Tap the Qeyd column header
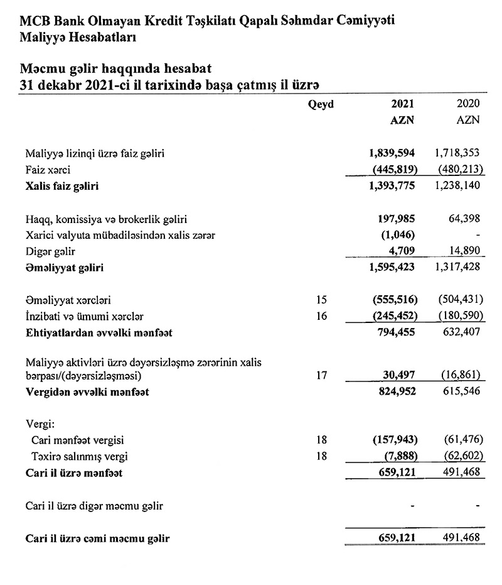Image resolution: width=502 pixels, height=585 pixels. (321, 104)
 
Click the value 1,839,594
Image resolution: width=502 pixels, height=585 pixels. (392, 153)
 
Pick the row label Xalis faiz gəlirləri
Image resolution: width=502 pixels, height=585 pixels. (62, 186)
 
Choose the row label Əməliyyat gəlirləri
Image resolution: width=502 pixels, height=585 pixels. (65, 268)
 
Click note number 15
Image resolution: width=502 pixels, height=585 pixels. (321, 301)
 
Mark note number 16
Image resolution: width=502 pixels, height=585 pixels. (321, 317)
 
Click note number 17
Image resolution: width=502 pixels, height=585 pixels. (321, 376)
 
